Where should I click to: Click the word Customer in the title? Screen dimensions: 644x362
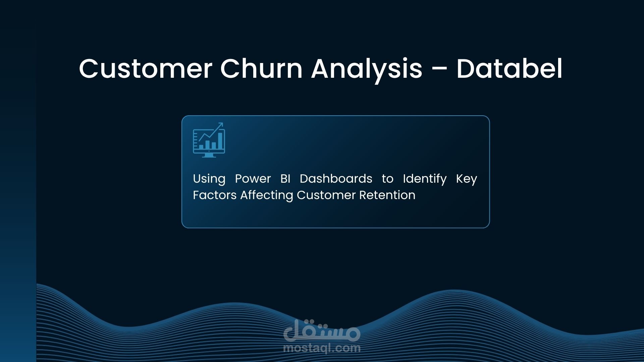pyautogui.click(x=146, y=69)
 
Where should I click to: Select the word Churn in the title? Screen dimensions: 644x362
pyautogui.click(x=261, y=69)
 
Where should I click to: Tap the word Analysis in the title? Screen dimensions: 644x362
pyautogui.click(x=367, y=70)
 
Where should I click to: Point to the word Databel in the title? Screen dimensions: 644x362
pyautogui.click(x=509, y=69)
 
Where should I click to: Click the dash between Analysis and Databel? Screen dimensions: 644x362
pyautogui.click(x=439, y=70)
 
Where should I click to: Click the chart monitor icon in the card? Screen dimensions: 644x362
pyautogui.click(x=209, y=140)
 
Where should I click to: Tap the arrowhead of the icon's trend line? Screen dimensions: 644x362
pyautogui.click(x=221, y=125)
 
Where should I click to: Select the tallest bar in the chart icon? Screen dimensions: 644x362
pyautogui.click(x=220, y=141)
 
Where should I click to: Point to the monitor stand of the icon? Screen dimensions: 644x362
pyautogui.click(x=209, y=155)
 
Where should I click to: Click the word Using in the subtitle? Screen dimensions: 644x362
pyautogui.click(x=209, y=179)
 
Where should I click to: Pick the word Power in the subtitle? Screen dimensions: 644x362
pyautogui.click(x=253, y=179)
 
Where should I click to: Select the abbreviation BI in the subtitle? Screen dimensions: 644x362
pyautogui.click(x=285, y=179)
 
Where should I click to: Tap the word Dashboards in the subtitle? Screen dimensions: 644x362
pyautogui.click(x=336, y=179)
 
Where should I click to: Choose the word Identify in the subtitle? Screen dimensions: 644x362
pyautogui.click(x=425, y=179)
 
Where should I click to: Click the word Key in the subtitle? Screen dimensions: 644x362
pyautogui.click(x=467, y=179)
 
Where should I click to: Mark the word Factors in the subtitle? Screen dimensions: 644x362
pyautogui.click(x=215, y=195)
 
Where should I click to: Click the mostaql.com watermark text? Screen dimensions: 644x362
pyautogui.click(x=322, y=348)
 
